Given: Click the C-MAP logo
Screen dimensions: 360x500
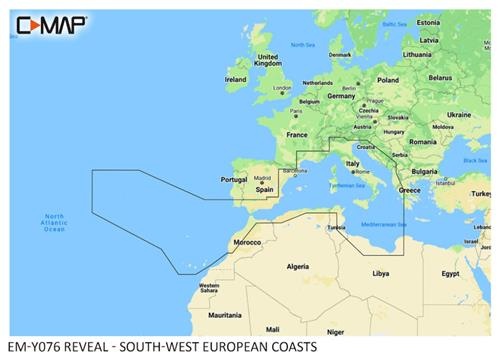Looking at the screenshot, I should pyautogui.click(x=49, y=21).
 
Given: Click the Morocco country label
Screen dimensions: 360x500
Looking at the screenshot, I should pyautogui.click(x=247, y=243).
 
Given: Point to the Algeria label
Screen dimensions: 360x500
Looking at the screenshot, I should pyautogui.click(x=298, y=267).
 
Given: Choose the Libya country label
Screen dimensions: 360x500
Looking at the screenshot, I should pyautogui.click(x=380, y=272).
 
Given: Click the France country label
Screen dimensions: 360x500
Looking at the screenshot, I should pyautogui.click(x=298, y=134).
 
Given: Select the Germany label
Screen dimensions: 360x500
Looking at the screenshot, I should pyautogui.click(x=341, y=96).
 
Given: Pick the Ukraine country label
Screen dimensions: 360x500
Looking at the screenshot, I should pyautogui.click(x=458, y=115).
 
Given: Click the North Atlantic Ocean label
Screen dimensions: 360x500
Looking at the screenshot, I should pyautogui.click(x=54, y=223).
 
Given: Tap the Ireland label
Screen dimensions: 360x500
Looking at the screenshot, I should pyautogui.click(x=236, y=79).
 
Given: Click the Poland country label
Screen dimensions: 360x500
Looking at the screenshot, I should pyautogui.click(x=387, y=80).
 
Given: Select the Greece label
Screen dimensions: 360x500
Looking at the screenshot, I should pyautogui.click(x=409, y=189).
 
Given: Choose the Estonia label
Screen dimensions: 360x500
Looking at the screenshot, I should pyautogui.click(x=428, y=22).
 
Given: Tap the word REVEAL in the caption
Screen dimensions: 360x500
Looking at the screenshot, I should pyautogui.click(x=95, y=347).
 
